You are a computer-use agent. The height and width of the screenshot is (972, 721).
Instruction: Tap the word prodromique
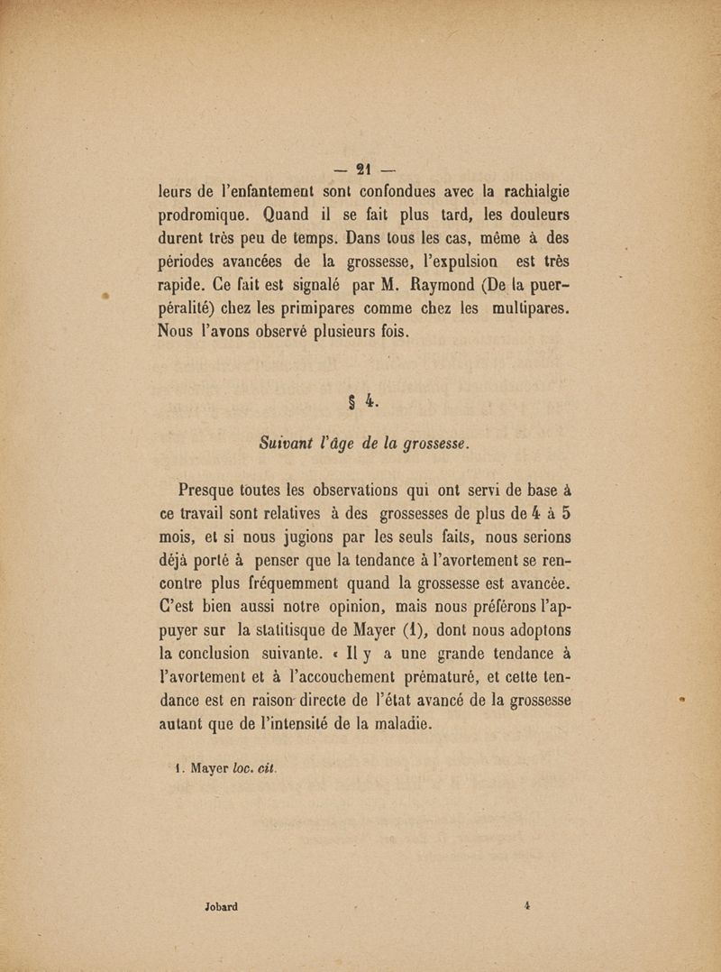[x=204, y=216]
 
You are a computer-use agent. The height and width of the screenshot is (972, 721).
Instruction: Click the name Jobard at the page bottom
[x=220, y=906]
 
